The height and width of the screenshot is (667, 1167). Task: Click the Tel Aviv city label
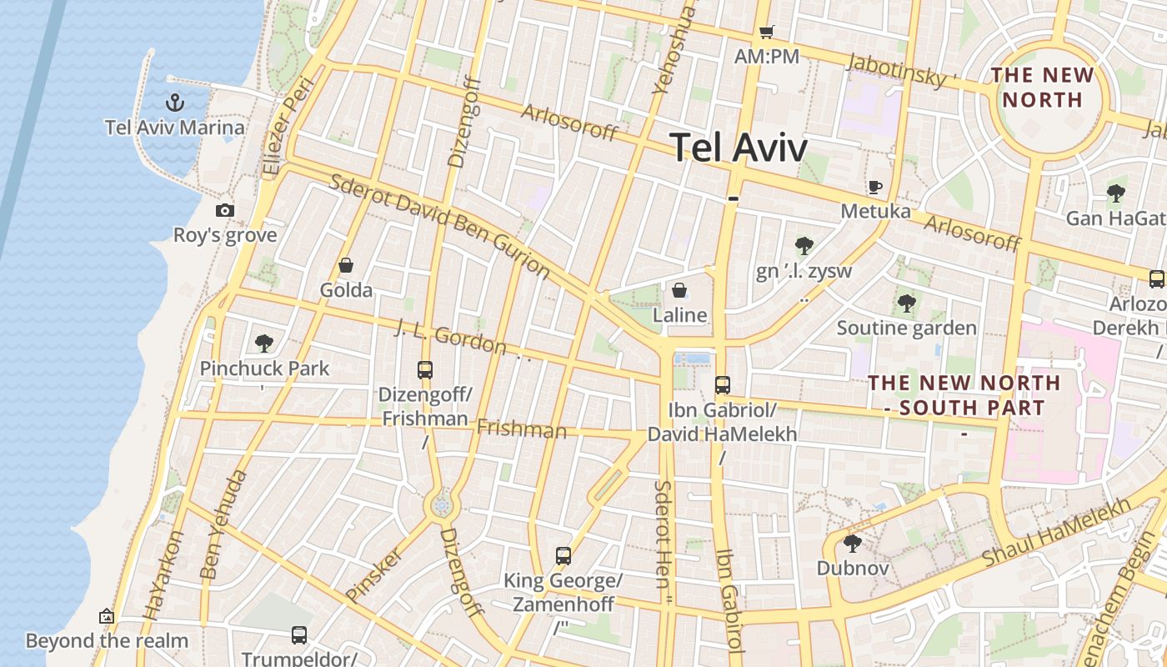[x=739, y=148]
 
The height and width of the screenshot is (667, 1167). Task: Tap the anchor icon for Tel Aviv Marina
[x=175, y=103]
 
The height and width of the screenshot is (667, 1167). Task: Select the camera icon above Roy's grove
[x=224, y=210]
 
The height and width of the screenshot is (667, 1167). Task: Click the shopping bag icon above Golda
[x=346, y=265]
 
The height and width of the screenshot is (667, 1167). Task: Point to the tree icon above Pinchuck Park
[x=264, y=342]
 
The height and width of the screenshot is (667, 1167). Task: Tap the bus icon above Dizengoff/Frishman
[x=425, y=369]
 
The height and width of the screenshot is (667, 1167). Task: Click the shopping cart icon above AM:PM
[x=766, y=32]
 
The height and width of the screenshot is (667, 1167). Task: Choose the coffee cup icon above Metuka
[x=874, y=186]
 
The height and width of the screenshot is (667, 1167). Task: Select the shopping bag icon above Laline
[x=679, y=290]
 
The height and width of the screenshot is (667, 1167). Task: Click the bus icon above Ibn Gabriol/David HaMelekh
[x=722, y=385]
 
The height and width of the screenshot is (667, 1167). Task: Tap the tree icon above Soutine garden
[x=906, y=303]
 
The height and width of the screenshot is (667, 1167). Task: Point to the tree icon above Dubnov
[x=852, y=544]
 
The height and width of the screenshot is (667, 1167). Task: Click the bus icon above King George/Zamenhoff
[x=563, y=555]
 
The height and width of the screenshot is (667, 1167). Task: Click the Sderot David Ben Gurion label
[x=439, y=226]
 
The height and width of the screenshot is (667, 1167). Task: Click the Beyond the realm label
[x=107, y=641]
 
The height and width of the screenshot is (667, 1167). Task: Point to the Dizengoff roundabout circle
[x=441, y=504]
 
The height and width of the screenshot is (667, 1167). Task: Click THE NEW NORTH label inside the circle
[x=1042, y=88]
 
